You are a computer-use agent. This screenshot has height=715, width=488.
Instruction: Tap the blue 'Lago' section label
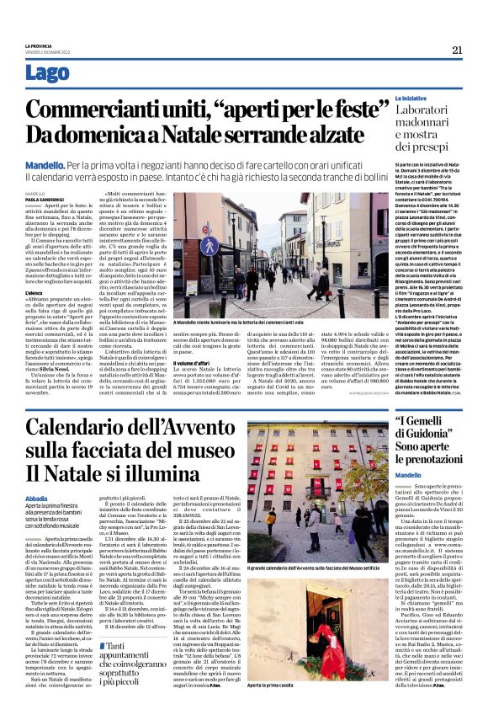click(x=48, y=73)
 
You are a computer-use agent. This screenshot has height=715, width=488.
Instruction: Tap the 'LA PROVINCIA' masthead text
click(x=37, y=44)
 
